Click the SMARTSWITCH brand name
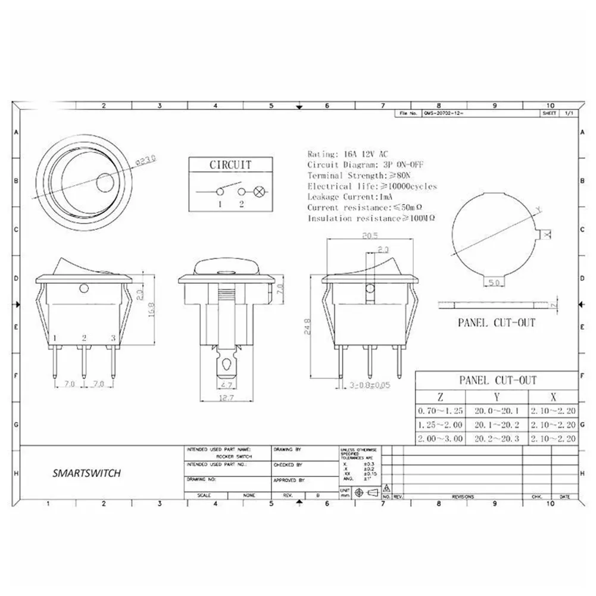(87, 473)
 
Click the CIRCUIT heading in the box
(229, 165)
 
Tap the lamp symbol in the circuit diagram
(260, 192)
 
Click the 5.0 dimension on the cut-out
(494, 282)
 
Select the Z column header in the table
(439, 397)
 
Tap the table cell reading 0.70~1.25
(439, 410)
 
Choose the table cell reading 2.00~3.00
(439, 439)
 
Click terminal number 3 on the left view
(113, 338)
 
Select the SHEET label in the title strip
(548, 113)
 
